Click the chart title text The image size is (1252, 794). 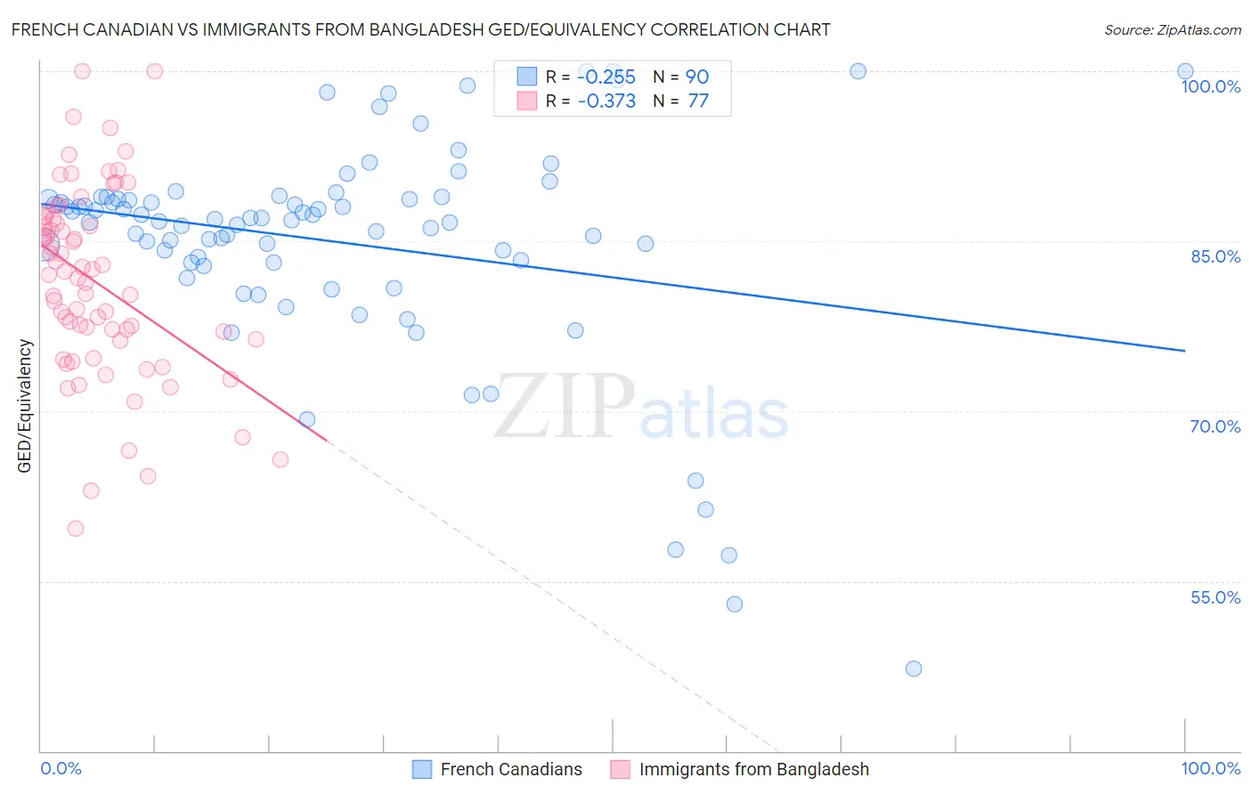click(x=420, y=29)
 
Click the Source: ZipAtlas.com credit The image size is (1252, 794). click(x=1172, y=29)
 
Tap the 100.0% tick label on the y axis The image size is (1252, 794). click(x=1210, y=86)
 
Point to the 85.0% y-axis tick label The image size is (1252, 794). click(x=1215, y=256)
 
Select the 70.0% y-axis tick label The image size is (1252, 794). click(x=1215, y=426)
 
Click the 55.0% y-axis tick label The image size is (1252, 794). click(x=1215, y=597)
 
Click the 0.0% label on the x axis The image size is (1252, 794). click(x=61, y=768)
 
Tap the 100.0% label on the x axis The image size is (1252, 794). click(x=1210, y=768)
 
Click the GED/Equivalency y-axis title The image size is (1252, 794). click(x=25, y=406)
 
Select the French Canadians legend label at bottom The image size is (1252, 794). click(x=511, y=769)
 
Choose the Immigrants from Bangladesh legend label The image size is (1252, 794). click(x=753, y=769)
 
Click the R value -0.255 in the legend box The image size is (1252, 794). click(x=606, y=77)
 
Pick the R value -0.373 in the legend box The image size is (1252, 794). click(x=606, y=101)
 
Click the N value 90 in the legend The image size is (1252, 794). click(x=697, y=77)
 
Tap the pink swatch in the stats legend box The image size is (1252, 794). click(x=527, y=101)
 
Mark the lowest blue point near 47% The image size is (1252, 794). click(x=913, y=668)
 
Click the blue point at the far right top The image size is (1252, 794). click(x=1184, y=71)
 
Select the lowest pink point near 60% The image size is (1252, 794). click(x=76, y=529)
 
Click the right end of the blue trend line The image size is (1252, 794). click(x=1184, y=351)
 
